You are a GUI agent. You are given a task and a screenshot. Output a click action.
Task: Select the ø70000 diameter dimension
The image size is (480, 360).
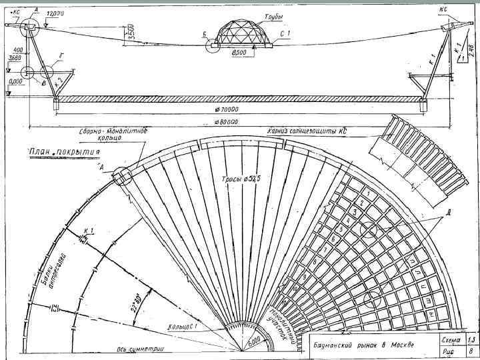tap(228, 108)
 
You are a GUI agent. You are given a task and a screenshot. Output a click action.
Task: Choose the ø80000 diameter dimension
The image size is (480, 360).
tap(228, 123)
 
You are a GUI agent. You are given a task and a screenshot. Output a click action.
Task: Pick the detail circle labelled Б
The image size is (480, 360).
tap(213, 46)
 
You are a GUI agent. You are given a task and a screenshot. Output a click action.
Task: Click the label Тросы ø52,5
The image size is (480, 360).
tap(241, 179)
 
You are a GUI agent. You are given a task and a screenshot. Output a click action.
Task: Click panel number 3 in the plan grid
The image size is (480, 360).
tap(355, 212)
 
